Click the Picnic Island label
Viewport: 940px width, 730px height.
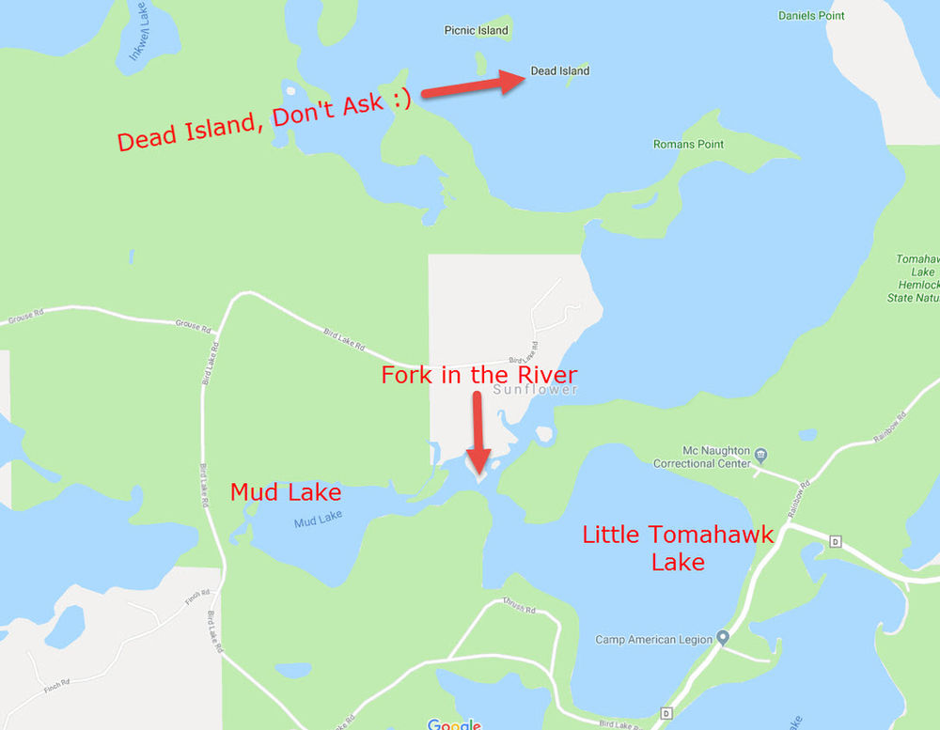tap(476, 30)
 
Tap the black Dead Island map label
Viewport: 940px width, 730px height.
tap(560, 70)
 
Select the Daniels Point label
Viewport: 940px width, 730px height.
tap(812, 16)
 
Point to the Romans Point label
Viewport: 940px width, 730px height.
tap(688, 145)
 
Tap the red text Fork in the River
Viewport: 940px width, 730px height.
tap(478, 374)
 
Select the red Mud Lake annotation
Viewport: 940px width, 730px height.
tap(286, 492)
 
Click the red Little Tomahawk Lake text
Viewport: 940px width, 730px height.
tap(678, 548)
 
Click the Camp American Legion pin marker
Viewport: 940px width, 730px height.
tap(723, 638)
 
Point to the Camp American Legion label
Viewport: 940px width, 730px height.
tap(654, 640)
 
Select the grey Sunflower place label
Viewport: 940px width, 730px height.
tap(535, 389)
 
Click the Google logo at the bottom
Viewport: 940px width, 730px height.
tap(454, 724)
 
